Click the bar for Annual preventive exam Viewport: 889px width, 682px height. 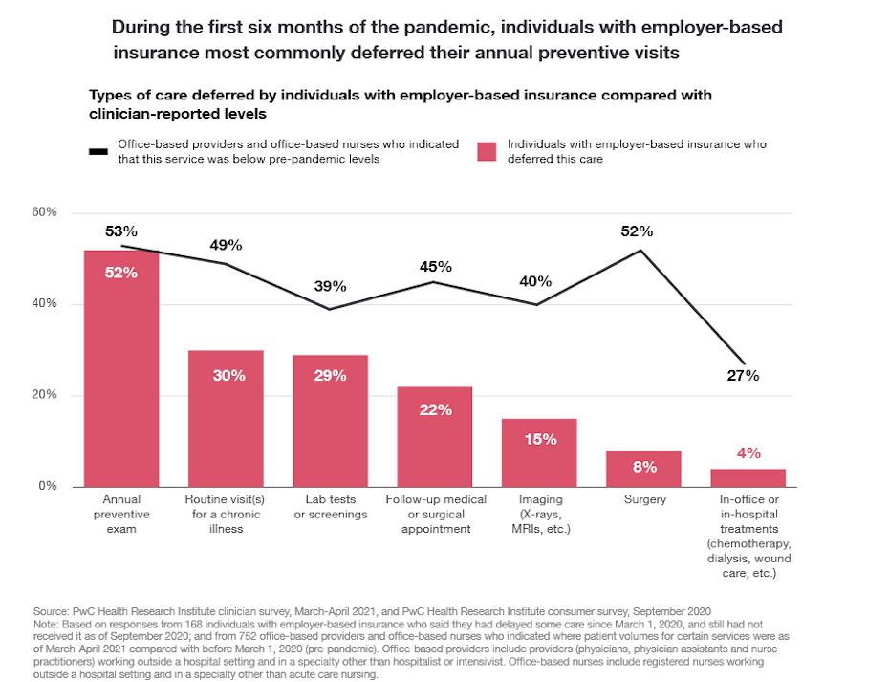[x=121, y=368]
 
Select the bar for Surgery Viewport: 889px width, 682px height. [x=643, y=468]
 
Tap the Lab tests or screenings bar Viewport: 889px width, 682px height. [x=330, y=421]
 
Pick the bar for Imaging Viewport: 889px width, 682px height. [x=539, y=452]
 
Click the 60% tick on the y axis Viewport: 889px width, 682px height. [x=45, y=212]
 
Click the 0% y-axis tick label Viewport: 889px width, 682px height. [x=49, y=487]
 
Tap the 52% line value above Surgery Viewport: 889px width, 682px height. [x=637, y=231]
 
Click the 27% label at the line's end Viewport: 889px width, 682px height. [x=742, y=375]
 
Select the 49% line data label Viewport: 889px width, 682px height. [x=226, y=245]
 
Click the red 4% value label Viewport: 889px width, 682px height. [x=748, y=451]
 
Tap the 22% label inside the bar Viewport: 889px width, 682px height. [x=435, y=409]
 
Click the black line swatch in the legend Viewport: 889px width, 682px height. [x=98, y=151]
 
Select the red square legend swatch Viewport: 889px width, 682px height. [x=487, y=151]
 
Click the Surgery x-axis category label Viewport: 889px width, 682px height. [x=643, y=500]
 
